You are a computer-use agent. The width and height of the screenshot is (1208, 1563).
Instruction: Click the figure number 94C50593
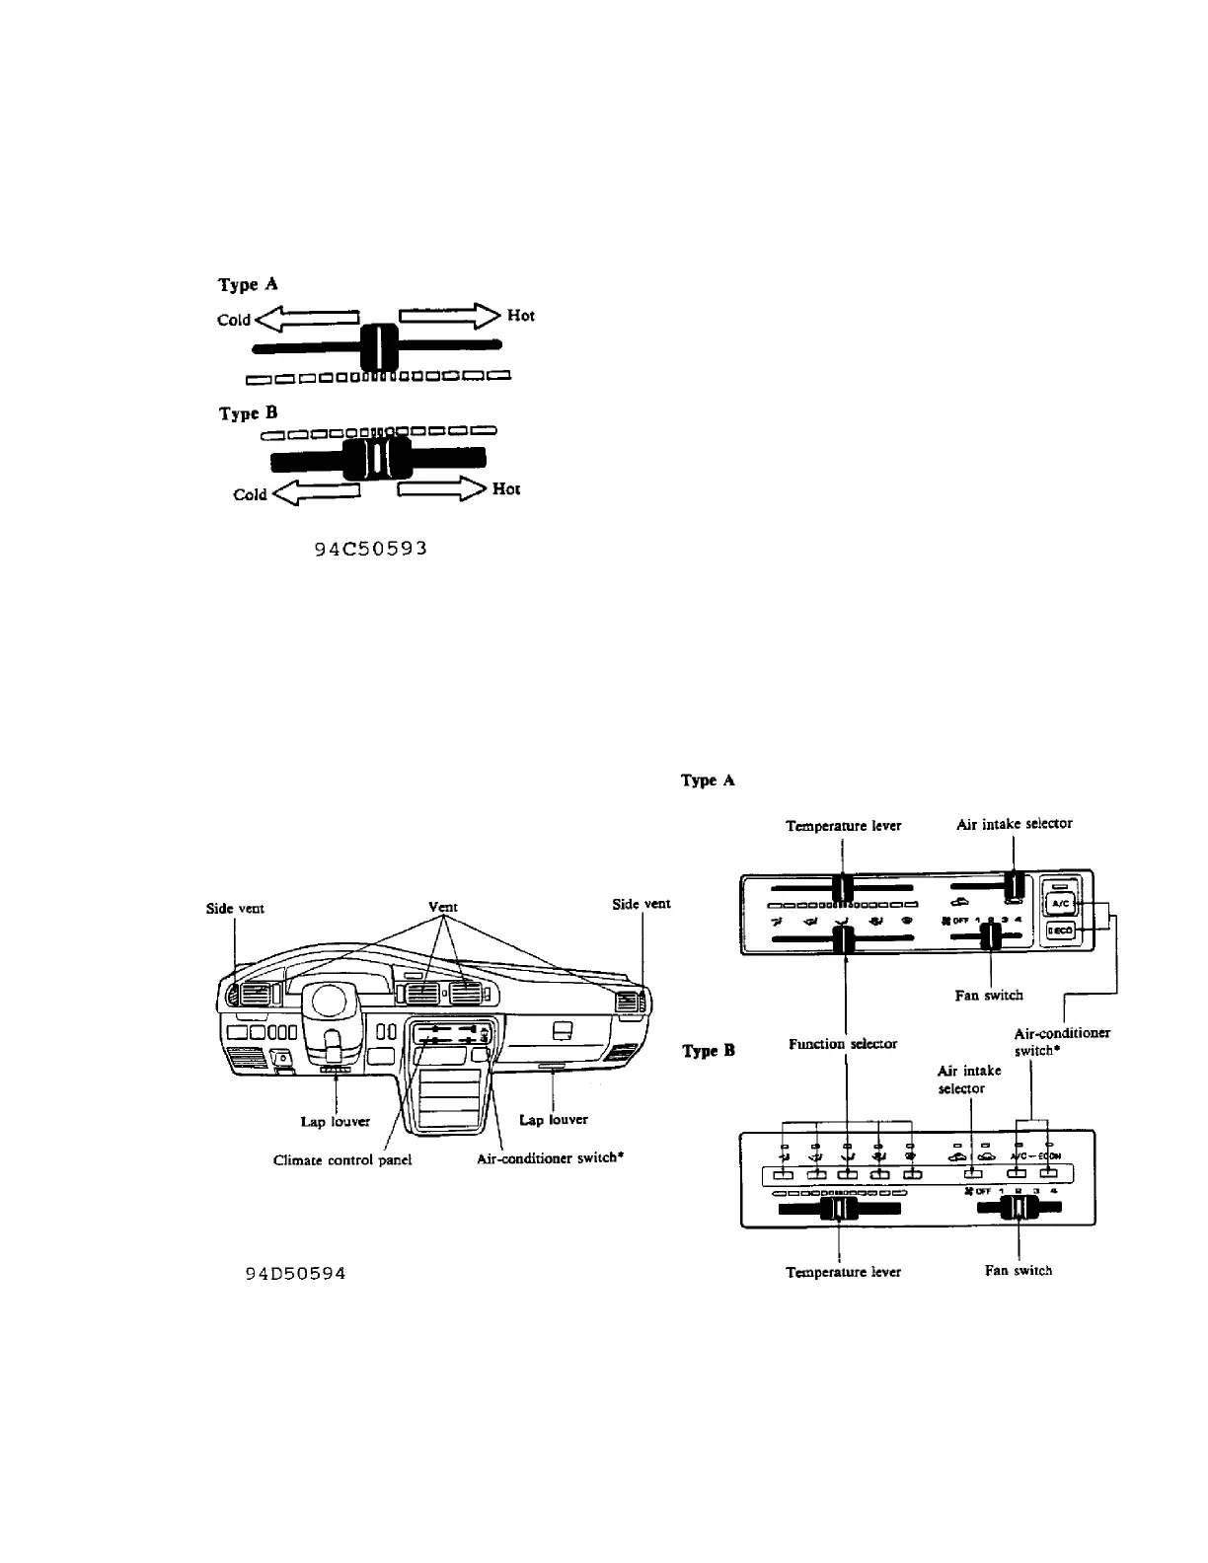click(x=370, y=549)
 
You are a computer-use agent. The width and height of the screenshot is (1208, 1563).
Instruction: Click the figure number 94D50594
click(x=295, y=1273)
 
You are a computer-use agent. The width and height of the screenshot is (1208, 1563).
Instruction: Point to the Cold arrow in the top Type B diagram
click(x=314, y=492)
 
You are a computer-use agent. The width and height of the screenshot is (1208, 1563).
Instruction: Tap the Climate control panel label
click(x=341, y=1160)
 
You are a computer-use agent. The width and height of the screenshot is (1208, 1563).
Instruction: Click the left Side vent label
click(x=235, y=907)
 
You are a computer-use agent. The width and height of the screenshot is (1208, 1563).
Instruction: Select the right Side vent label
click(x=642, y=904)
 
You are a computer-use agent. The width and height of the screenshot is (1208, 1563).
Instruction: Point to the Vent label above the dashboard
click(x=443, y=907)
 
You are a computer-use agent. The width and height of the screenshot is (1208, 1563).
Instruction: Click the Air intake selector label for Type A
click(x=1014, y=823)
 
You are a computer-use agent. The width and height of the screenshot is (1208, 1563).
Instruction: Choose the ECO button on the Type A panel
click(x=1059, y=930)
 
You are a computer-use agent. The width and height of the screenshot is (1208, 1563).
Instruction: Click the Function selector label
click(x=843, y=1043)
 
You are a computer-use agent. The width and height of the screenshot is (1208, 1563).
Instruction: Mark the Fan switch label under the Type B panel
click(x=1019, y=1271)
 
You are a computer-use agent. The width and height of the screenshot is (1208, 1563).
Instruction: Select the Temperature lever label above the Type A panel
click(x=843, y=825)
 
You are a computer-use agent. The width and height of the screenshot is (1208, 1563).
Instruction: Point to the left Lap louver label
click(x=336, y=1122)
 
